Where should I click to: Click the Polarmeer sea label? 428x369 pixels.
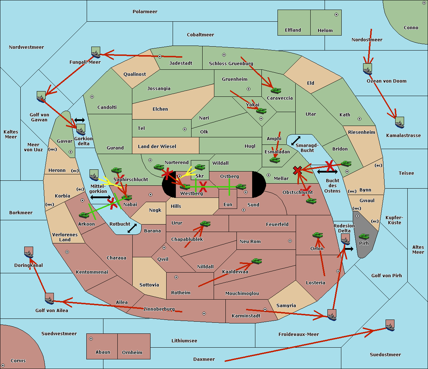point(145,12)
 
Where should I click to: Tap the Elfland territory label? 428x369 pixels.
point(293,30)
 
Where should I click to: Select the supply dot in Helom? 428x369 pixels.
point(336,15)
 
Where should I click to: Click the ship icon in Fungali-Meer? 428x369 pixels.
point(96,53)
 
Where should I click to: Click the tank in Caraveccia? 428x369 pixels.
point(276,91)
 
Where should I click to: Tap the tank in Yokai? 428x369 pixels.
point(261,111)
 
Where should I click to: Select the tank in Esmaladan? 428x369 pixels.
point(275,160)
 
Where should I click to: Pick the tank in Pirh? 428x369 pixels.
point(364,236)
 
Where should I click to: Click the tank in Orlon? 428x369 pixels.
point(317,235)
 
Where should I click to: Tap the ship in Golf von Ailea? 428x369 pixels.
point(49,299)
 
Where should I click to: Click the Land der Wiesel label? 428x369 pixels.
point(157,146)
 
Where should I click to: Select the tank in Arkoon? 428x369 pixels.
point(84,215)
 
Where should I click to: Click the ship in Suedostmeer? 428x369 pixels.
point(390,325)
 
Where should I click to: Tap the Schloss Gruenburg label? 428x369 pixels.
point(231,64)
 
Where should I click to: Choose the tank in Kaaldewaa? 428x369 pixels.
point(256,261)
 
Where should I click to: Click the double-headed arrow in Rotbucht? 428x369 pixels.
point(132,228)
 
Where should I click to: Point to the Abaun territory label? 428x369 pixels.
point(103,352)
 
